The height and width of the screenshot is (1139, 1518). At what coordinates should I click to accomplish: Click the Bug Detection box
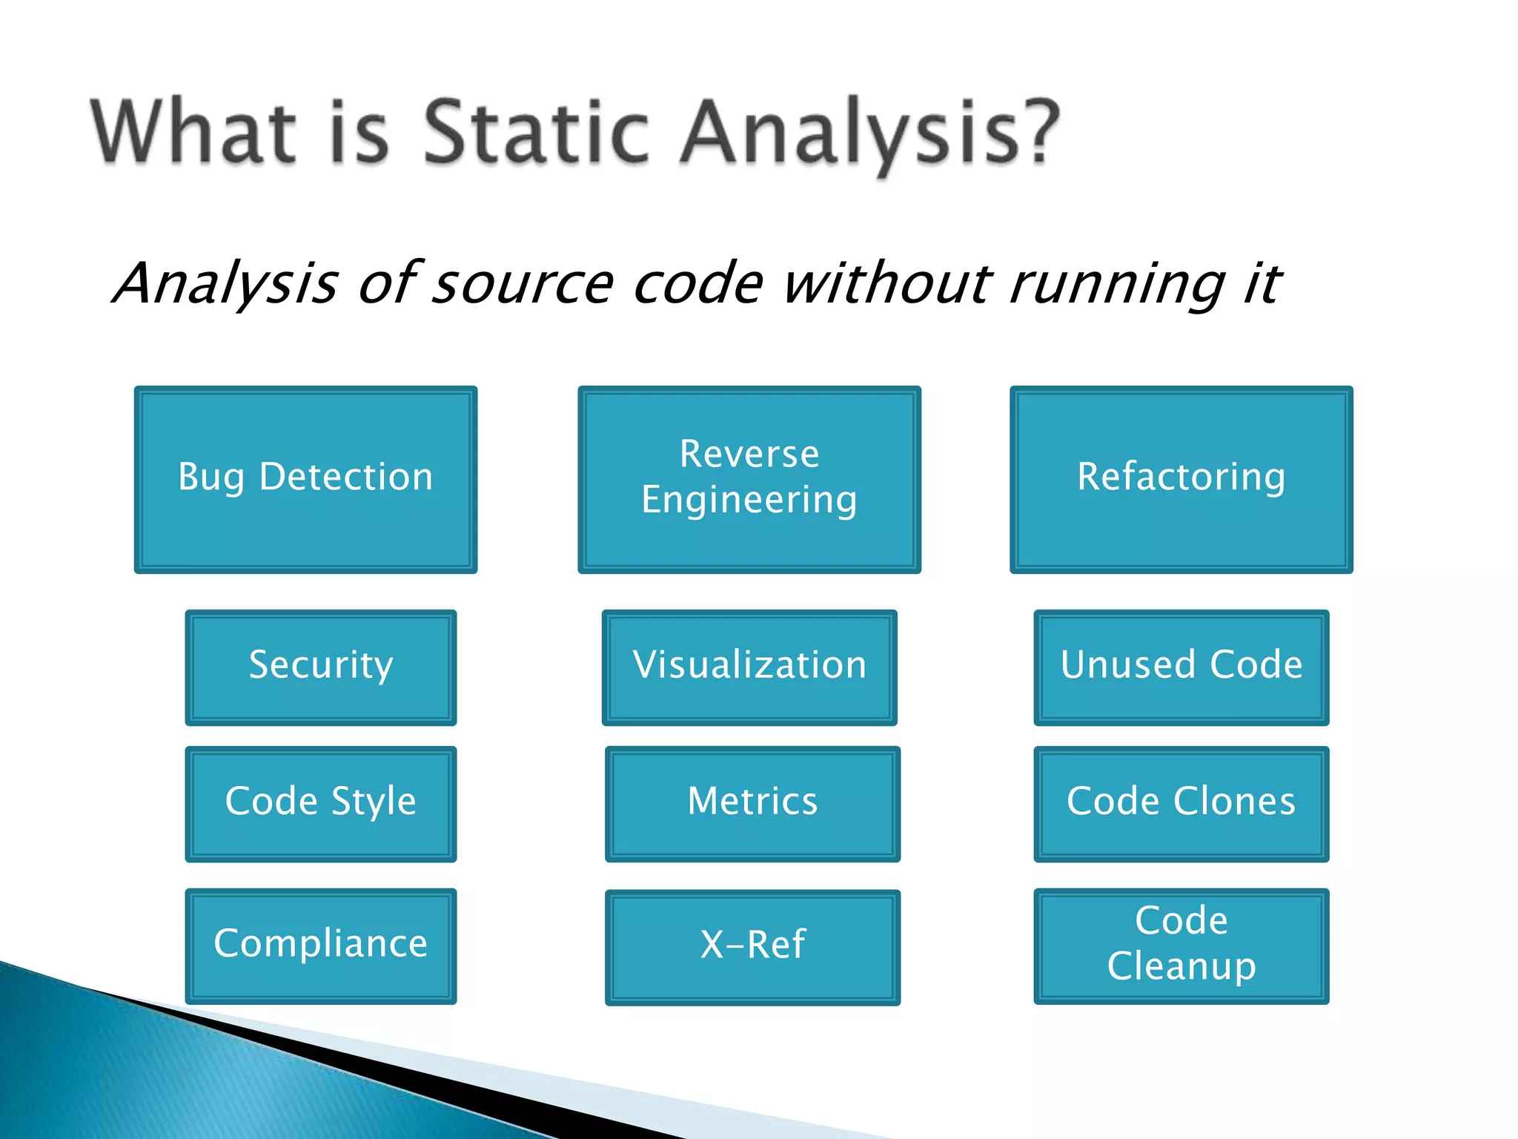305,479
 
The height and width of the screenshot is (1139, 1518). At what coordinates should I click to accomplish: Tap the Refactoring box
1181,479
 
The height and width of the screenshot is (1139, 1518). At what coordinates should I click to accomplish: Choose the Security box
320,667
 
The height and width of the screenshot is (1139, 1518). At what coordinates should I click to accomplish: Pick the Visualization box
749,667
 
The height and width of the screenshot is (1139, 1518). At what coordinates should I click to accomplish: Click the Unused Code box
1181,667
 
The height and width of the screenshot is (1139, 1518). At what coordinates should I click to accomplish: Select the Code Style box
320,803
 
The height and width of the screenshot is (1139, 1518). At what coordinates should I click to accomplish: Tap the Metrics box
752,803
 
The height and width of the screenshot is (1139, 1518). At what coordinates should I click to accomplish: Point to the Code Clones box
1181,803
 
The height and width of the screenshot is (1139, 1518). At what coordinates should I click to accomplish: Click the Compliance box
320,945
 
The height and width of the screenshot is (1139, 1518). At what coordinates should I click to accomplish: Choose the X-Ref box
752,947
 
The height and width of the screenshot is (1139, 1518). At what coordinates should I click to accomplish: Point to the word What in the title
193,132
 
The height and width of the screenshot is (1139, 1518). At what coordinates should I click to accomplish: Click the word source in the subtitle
522,285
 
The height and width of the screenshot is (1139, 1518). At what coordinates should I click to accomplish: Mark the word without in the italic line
886,283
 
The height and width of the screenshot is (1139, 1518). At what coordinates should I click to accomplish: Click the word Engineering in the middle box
749,500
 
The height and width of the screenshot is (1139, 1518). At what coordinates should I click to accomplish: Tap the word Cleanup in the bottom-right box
1181,966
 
